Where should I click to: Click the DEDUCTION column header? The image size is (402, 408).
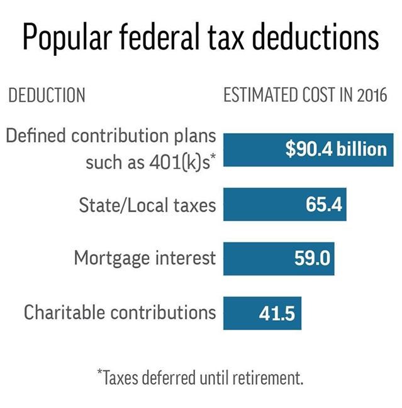[46, 96]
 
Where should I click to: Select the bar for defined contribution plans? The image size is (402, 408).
[252, 149]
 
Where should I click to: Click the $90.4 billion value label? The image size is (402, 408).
[335, 149]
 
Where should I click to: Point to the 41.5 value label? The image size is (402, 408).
[277, 313]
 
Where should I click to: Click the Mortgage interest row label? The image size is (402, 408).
[145, 258]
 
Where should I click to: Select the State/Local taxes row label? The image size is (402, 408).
[147, 205]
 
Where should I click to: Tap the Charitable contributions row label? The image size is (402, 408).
[120, 312]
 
